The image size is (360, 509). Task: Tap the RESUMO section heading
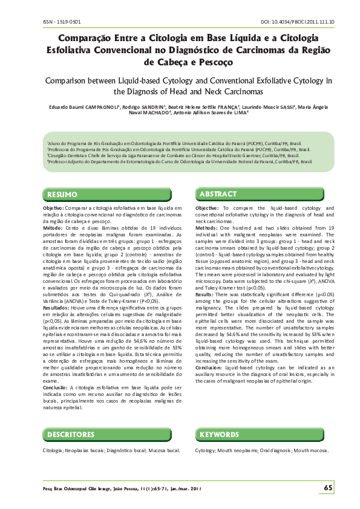(x=63, y=194)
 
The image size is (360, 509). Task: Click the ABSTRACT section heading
(x=218, y=194)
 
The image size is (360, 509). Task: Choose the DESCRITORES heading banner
(x=71, y=435)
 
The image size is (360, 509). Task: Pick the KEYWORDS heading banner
(x=219, y=435)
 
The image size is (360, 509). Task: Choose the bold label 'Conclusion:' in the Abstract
(x=209, y=351)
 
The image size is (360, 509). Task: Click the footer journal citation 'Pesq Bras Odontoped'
(x=68, y=488)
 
